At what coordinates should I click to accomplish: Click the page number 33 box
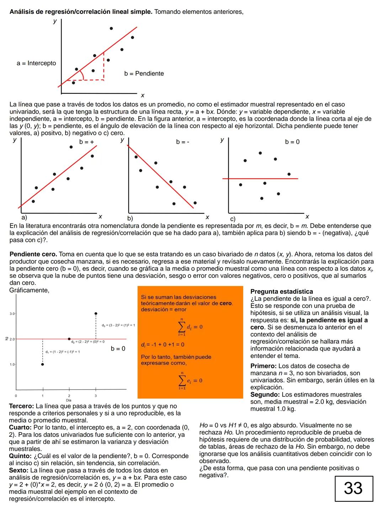(x=354, y=488)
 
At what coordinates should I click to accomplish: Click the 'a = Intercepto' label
(x=36, y=63)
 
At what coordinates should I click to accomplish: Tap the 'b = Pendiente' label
(x=144, y=74)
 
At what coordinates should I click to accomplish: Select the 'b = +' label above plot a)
(x=86, y=142)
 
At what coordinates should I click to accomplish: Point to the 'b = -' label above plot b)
(x=183, y=142)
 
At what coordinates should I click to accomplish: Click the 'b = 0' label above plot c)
(x=292, y=142)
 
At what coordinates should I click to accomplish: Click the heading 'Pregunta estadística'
(x=282, y=292)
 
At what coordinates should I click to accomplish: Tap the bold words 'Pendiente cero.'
(x=33, y=254)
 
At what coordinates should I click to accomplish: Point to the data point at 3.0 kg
(x=96, y=314)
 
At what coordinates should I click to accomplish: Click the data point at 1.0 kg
(x=43, y=364)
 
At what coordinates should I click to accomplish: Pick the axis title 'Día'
(x=69, y=400)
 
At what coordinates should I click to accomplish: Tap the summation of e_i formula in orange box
(x=190, y=380)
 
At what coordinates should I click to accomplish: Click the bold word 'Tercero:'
(x=21, y=406)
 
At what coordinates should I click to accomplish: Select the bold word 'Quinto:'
(x=20, y=456)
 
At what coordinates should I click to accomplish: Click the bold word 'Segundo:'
(x=265, y=395)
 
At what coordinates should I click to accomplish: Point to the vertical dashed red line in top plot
(x=104, y=66)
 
